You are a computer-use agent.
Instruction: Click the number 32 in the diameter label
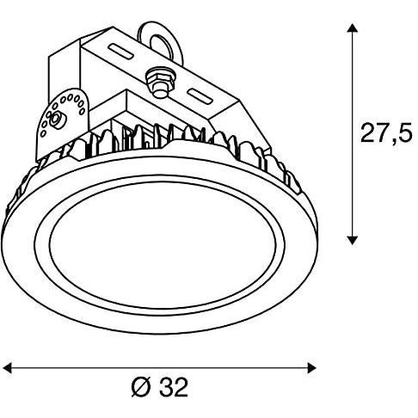click(173, 388)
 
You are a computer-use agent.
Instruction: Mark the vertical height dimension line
click(351, 133)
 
